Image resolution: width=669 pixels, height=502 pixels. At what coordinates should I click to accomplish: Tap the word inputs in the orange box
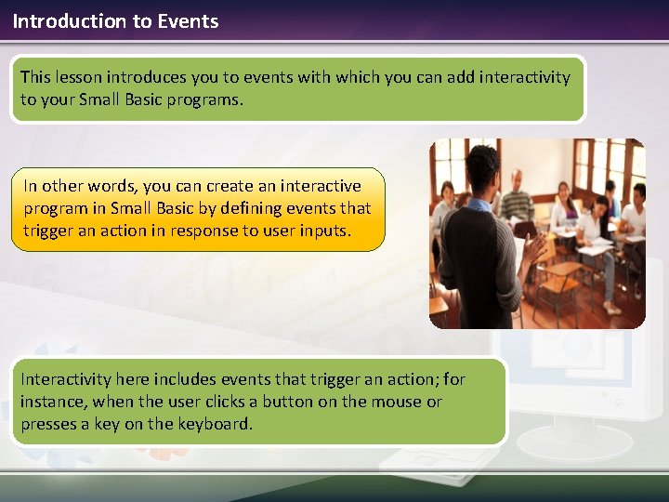pos(324,231)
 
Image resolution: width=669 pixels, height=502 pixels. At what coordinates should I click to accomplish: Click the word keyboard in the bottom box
pos(215,424)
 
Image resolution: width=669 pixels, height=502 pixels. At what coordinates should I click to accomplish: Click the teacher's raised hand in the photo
pos(534,247)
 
